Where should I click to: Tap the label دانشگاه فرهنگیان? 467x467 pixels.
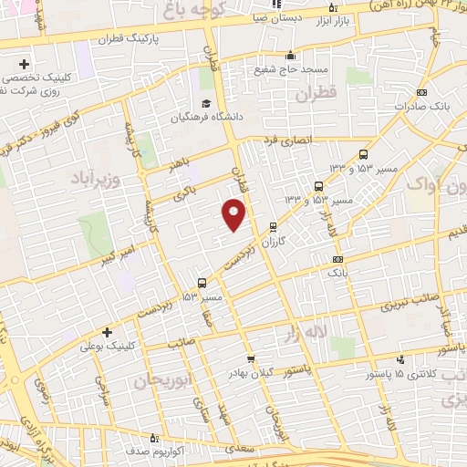pos(202,118)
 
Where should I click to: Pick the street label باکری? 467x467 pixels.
pos(187,192)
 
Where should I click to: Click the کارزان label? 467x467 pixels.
pos(274,244)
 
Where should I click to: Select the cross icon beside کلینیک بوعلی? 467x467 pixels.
pos(108,331)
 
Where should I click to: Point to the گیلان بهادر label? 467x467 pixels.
pos(251,375)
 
